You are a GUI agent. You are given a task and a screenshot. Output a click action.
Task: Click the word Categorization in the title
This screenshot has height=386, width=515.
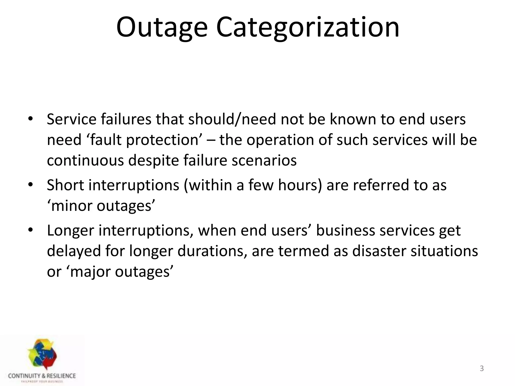308,27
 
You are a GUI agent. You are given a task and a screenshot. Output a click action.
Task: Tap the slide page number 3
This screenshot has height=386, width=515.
482,368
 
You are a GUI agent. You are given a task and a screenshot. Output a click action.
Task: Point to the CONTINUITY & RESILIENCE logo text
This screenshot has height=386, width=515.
42,376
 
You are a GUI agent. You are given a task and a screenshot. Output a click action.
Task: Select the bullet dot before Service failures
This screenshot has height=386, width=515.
30,119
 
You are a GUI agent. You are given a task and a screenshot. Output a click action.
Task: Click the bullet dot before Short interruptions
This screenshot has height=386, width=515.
30,185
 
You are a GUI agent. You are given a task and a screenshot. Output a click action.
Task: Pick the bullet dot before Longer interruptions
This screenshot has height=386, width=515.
30,230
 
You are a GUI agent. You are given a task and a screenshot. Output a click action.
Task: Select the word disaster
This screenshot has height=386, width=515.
379,251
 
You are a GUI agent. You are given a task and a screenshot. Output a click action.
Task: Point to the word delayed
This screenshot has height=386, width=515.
74,251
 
